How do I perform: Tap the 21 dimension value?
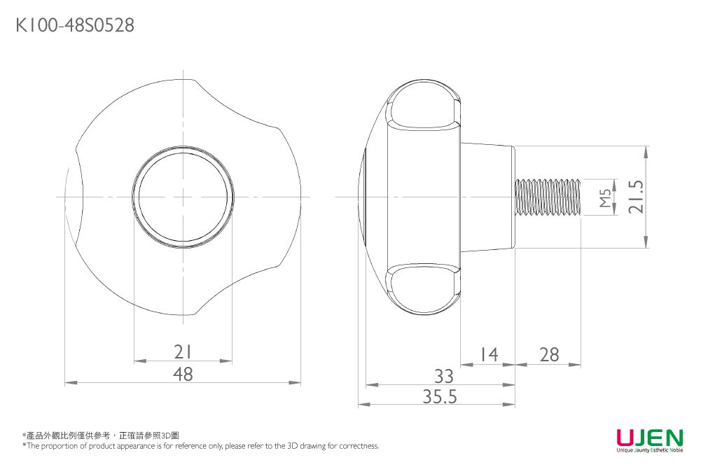click(183, 351)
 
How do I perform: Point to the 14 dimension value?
click(488, 355)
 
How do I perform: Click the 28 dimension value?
click(549, 355)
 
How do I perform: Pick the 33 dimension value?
click(444, 375)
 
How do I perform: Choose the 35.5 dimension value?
click(440, 397)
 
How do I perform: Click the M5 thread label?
click(606, 197)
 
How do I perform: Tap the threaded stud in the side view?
click(548, 197)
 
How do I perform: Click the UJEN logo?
click(648, 438)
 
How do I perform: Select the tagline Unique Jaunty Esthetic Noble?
click(648, 451)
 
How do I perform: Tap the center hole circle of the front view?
click(183, 197)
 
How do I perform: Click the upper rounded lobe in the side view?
click(423, 109)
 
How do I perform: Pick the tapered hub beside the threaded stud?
click(487, 197)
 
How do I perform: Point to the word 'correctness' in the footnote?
click(358, 445)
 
